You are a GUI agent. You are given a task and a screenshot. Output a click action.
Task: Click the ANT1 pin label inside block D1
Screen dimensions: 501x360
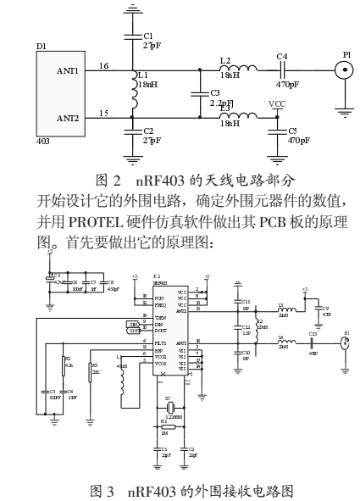[x=67, y=71]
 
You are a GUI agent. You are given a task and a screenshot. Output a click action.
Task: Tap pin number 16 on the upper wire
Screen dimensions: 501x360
[x=103, y=65]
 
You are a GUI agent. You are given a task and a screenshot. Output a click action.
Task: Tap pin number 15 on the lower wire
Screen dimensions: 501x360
[x=103, y=113]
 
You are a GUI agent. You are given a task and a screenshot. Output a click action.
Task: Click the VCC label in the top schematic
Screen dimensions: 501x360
[x=276, y=103]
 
